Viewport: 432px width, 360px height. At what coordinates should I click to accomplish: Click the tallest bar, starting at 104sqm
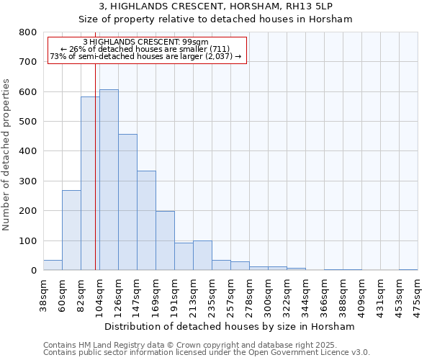109,180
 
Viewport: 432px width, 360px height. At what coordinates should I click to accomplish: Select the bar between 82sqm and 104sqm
90,184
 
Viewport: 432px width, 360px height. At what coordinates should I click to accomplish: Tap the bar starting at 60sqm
71,230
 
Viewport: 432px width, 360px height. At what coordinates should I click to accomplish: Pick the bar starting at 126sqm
127,202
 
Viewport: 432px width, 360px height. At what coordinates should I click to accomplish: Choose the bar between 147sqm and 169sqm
146,220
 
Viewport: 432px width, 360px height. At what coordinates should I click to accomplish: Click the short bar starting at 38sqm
53,265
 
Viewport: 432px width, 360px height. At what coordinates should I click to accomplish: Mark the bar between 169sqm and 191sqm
165,240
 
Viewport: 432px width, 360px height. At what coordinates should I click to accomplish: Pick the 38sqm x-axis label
44,294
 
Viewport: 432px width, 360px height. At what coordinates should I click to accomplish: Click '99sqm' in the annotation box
195,42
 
